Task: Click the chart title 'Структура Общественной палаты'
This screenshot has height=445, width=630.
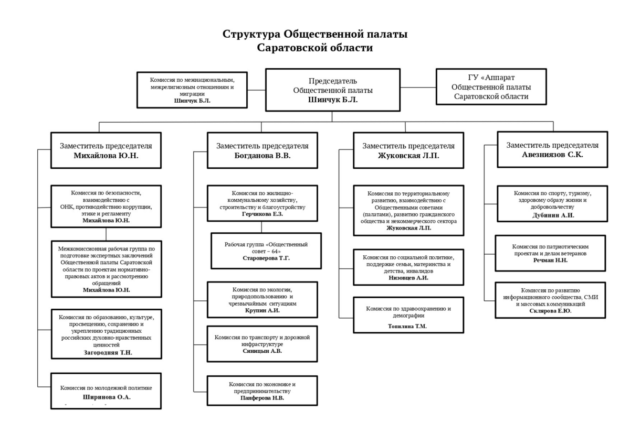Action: coord(314,35)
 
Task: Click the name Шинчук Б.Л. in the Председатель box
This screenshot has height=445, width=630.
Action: coord(333,100)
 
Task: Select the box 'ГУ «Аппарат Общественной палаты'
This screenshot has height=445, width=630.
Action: coord(491,87)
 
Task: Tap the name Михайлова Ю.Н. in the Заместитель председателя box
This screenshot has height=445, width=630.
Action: coord(106,156)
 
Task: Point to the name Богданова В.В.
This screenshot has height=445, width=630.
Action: coord(262,156)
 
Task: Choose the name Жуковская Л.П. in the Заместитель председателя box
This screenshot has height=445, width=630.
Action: coord(408,156)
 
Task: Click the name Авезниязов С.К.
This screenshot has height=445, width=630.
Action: coord(552,155)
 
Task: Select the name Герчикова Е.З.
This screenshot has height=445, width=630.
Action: coord(262,214)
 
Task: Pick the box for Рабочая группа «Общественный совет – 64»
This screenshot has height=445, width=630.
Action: coord(266,251)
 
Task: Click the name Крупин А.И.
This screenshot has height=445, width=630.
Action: coord(262,311)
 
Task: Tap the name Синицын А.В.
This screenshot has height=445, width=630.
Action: coord(262,351)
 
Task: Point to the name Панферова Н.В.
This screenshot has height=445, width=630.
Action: coord(262,398)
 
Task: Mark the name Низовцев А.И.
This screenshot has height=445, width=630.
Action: coord(408,278)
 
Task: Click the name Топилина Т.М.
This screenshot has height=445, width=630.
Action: coord(408,326)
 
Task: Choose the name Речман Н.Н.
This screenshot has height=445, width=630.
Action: coord(550,261)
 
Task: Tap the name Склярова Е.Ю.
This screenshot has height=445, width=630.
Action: coord(550,311)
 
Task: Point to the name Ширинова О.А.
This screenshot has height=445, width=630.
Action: coord(107,397)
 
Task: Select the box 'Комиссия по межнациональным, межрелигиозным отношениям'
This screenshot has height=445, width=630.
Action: coord(192,90)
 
